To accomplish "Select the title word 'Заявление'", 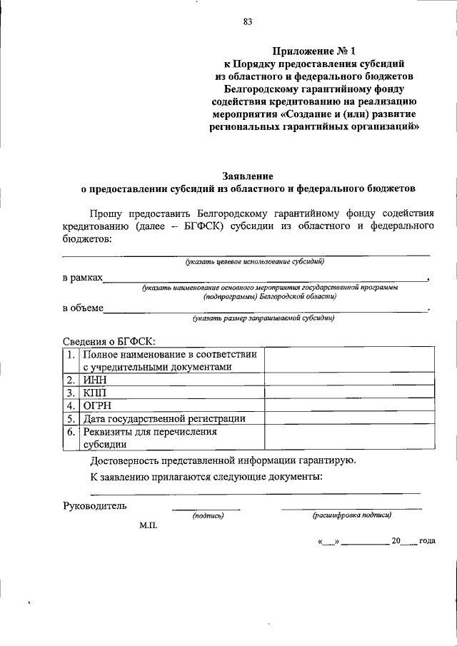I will tap(248, 176).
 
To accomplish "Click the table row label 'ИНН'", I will tap(94, 380).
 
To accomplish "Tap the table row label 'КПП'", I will tap(94, 393).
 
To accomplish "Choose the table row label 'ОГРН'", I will tap(96, 406).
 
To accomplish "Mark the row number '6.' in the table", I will tap(71, 432).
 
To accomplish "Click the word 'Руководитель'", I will tap(95, 506).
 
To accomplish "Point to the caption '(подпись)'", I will tap(209, 515).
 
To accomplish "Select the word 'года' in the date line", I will tap(427, 540).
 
